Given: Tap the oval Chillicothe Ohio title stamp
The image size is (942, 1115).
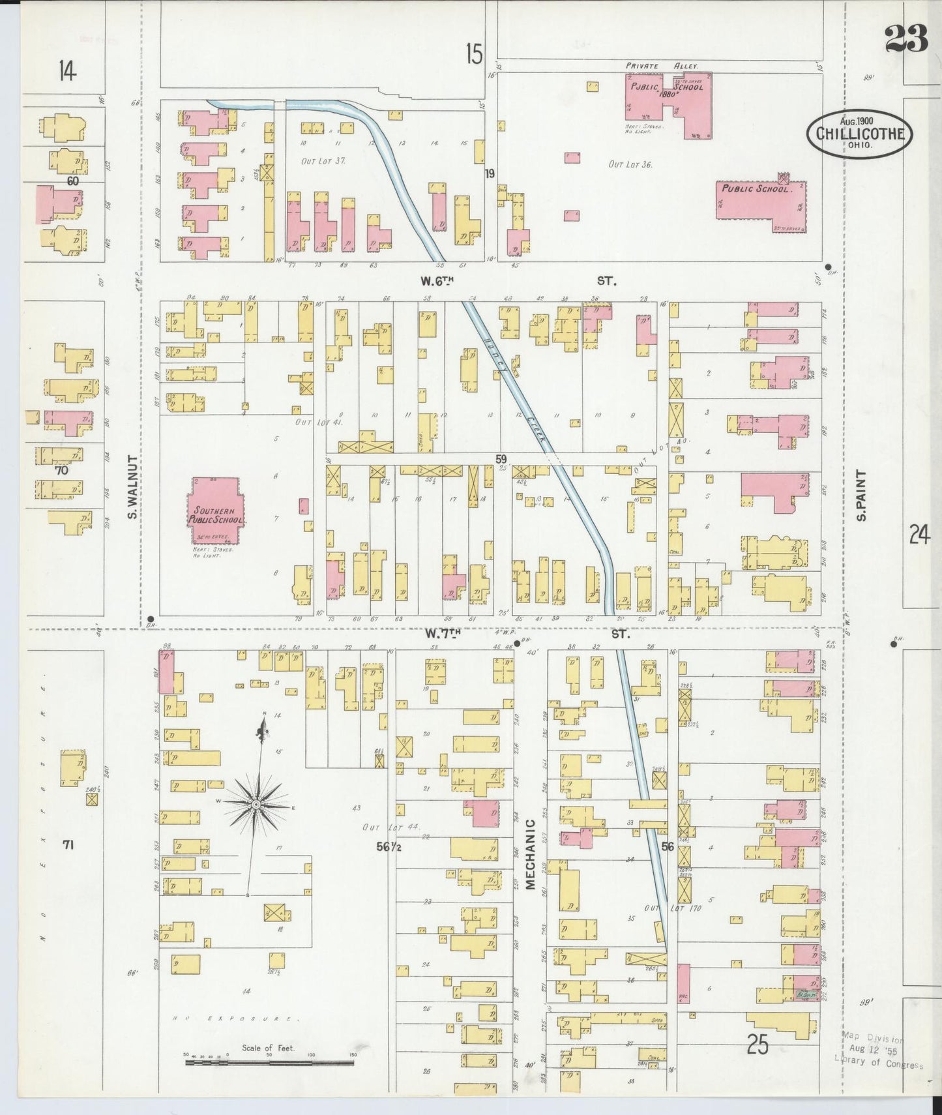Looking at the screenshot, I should [859, 133].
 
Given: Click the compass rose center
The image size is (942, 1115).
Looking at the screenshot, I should [257, 805].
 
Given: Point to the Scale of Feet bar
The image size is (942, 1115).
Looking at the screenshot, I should [269, 1062].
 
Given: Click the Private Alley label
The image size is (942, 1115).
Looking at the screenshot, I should [661, 66].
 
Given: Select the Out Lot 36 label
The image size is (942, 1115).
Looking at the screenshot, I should [630, 164].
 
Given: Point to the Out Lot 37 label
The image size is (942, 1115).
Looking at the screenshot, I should [323, 160].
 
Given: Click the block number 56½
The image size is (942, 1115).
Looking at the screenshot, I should [389, 846].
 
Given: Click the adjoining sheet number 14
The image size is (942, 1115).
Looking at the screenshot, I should [66, 70].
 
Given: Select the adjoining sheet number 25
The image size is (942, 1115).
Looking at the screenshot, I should [758, 1045].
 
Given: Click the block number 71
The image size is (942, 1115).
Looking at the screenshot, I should [67, 845].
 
